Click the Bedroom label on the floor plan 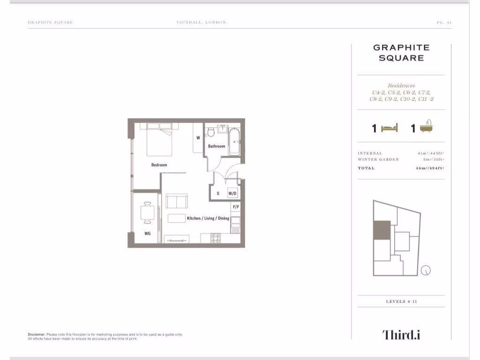159,165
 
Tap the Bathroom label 217,146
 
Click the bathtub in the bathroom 234,141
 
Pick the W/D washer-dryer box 232,193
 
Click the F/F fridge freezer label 236,207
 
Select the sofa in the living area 176,202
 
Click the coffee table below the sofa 177,218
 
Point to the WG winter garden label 147,233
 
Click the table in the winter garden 148,214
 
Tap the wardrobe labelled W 198,138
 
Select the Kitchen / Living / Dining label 208,218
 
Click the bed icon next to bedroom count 389,128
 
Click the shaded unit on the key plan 382,230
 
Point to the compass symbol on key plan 426,270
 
